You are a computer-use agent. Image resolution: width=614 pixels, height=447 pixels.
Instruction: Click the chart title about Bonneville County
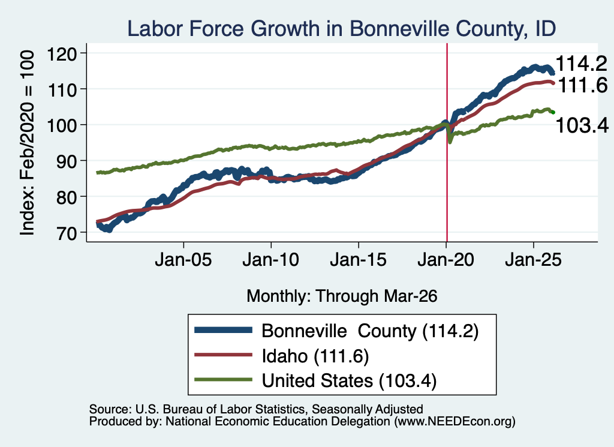[x=341, y=29]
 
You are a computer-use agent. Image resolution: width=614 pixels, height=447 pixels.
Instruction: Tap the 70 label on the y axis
[x=67, y=233]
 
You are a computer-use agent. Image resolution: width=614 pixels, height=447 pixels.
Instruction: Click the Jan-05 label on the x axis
[x=183, y=259]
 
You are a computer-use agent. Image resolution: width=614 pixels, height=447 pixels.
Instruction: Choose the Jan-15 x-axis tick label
[x=359, y=259]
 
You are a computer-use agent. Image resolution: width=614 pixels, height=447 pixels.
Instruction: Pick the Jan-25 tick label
[x=533, y=259]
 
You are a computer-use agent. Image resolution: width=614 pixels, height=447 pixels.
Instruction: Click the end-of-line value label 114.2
[x=581, y=64]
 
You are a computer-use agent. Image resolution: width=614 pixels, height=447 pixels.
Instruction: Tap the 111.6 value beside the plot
[x=582, y=85]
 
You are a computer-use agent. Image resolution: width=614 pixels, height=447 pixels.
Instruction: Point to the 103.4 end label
[x=582, y=125]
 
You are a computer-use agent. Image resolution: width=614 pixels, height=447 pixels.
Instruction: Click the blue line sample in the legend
[x=223, y=330]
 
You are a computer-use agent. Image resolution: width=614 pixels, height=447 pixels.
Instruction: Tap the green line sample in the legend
[x=223, y=379]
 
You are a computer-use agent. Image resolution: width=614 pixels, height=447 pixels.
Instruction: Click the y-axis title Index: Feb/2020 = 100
[x=27, y=143]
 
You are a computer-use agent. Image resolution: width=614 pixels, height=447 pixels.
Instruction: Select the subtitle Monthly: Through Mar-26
[x=342, y=296]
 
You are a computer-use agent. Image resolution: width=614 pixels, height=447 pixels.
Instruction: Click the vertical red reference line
[x=447, y=142]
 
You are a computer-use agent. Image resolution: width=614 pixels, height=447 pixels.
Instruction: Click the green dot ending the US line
[x=553, y=112]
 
